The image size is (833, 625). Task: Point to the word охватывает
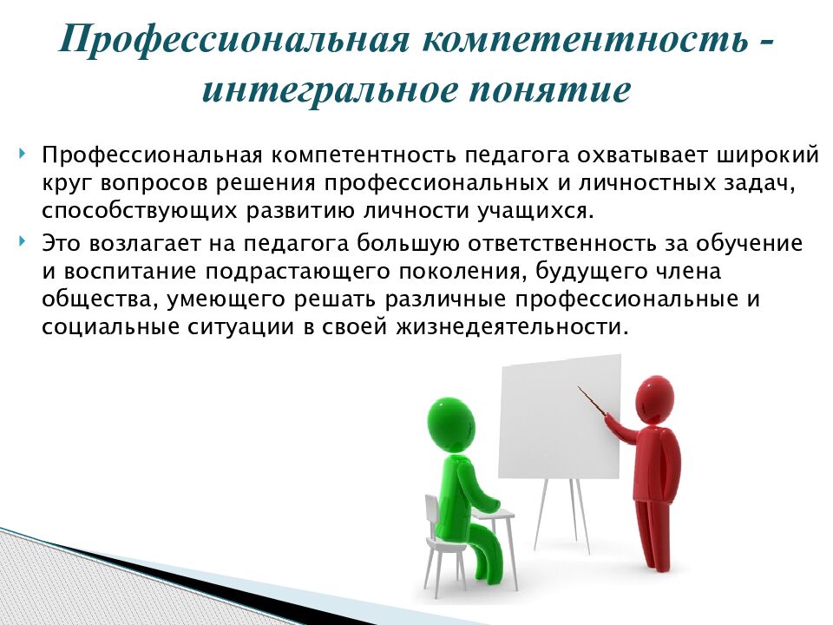pos(629,156)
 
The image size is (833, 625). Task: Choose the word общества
pos(89,299)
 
